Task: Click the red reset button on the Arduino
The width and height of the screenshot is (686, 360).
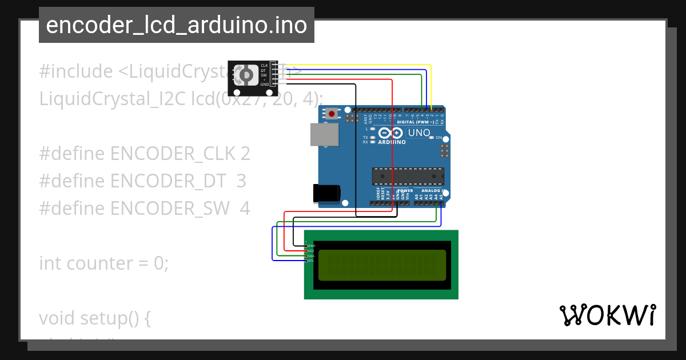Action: click(332, 114)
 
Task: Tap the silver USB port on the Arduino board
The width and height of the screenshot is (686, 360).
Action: click(324, 135)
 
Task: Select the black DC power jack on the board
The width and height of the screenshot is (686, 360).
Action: click(327, 193)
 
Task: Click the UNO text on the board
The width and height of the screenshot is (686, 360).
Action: click(418, 133)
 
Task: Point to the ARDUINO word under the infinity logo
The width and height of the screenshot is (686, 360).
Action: click(392, 142)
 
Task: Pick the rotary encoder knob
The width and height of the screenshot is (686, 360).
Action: click(247, 75)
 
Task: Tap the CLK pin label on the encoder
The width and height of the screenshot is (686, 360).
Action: click(264, 66)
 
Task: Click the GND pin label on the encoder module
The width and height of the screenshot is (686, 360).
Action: click(264, 85)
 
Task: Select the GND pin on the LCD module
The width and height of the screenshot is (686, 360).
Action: click(311, 246)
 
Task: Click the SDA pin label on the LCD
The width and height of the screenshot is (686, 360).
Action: click(311, 256)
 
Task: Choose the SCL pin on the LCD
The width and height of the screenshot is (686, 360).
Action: click(311, 261)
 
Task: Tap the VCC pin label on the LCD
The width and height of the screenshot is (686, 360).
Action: click(311, 251)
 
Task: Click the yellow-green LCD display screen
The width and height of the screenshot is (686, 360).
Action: click(382, 265)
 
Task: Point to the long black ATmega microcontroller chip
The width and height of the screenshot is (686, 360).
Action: click(408, 177)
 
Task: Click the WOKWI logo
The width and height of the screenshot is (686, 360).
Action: click(607, 315)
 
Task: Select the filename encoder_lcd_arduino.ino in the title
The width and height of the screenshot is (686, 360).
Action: click(176, 25)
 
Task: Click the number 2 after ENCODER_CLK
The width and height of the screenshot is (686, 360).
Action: click(245, 154)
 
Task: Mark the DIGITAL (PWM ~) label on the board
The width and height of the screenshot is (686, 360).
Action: click(415, 122)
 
